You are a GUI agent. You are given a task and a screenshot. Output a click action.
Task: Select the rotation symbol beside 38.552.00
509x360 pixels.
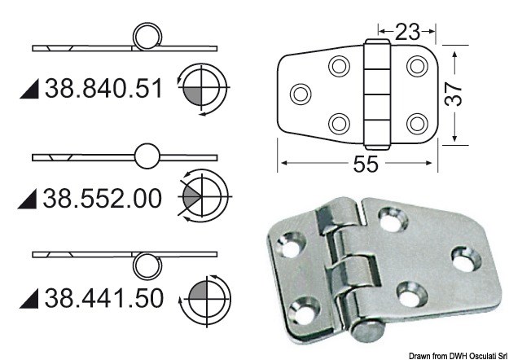(201, 195)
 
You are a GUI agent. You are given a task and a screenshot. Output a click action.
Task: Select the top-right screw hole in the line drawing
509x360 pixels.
(416, 65)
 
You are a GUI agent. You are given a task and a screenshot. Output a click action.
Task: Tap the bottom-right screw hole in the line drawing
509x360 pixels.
(416, 122)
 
